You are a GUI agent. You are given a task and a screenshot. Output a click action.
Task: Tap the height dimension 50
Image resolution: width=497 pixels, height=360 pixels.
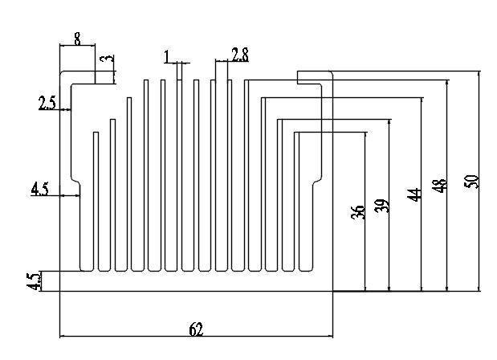click(471, 182)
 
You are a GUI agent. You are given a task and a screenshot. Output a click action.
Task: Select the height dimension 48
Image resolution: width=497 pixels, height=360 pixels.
click(440, 186)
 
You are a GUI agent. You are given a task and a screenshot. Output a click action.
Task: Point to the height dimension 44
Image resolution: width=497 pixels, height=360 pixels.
click(414, 194)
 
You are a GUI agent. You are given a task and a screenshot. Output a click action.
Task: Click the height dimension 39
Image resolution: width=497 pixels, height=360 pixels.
click(381, 206)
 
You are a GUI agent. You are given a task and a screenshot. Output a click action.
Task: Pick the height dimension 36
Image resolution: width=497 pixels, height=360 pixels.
click(358, 212)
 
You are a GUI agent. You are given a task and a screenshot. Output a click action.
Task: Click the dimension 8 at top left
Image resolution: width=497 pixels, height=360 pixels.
click(77, 39)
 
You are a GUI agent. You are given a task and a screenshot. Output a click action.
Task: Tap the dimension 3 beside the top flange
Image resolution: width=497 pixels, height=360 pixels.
click(107, 59)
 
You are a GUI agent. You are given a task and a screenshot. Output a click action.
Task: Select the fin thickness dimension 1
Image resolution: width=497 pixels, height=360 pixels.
click(167, 57)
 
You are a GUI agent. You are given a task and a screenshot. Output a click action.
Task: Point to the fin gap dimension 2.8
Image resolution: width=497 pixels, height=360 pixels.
click(240, 55)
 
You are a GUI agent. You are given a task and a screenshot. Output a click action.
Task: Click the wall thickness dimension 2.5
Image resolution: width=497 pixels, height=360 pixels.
click(47, 103)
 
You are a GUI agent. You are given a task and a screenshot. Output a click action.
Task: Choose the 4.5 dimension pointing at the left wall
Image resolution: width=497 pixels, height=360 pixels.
click(40, 190)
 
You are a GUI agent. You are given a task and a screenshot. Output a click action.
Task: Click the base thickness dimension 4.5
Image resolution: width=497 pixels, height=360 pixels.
click(34, 281)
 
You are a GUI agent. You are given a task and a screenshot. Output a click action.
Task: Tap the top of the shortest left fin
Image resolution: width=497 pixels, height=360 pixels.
click(96, 133)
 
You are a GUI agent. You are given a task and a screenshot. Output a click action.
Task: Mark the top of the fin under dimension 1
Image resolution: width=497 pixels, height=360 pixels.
click(179, 80)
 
